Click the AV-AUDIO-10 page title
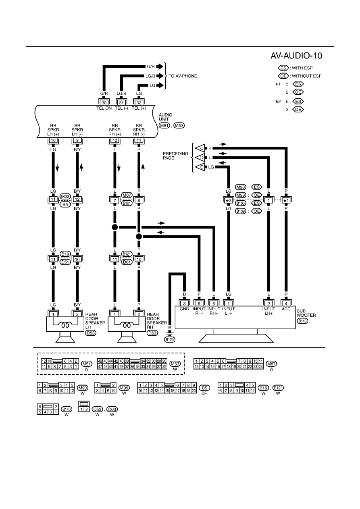pyautogui.click(x=296, y=56)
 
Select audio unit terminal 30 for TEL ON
pyautogui.click(x=104, y=103)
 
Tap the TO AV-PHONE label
pyautogui.click(x=183, y=76)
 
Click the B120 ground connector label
pyautogui.click(x=170, y=340)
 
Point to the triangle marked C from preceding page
pyautogui.click(x=200, y=148)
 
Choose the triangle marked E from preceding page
pyautogui.click(x=200, y=167)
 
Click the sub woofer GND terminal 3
pyautogui.click(x=184, y=303)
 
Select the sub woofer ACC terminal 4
pyautogui.click(x=286, y=303)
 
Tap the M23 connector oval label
pyautogui.click(x=65, y=197)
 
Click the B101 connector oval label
pyautogui.click(x=127, y=203)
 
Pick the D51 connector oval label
pyautogui.click(x=65, y=262)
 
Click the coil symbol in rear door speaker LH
pyautogui.click(x=65, y=325)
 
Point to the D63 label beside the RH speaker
pyautogui.click(x=152, y=333)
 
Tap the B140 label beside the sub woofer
pyautogui.click(x=302, y=321)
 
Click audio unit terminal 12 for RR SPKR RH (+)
pyautogui.click(x=115, y=140)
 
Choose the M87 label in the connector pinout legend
pyautogui.click(x=271, y=364)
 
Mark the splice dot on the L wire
pyautogui.click(x=115, y=227)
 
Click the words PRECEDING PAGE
pyautogui.click(x=175, y=156)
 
